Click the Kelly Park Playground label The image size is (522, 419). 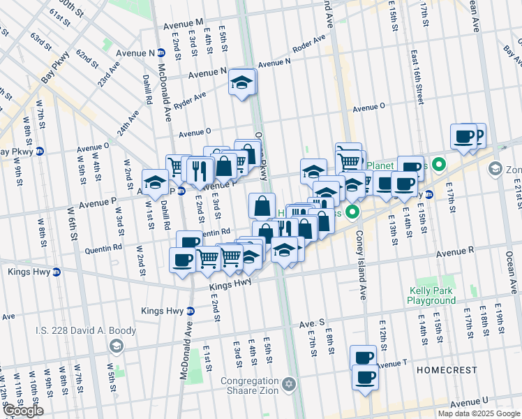click(x=431, y=295)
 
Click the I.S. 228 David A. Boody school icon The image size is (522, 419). click(x=117, y=346)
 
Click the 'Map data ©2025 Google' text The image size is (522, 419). click(x=478, y=413)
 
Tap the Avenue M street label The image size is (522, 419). click(x=184, y=24)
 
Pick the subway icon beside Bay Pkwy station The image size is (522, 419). click(x=40, y=151)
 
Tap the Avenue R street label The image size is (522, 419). click(x=456, y=249)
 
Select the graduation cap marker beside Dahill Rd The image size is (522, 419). click(x=155, y=182)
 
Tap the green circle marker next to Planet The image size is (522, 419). click(x=438, y=166)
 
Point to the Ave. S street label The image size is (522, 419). click(x=312, y=324)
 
